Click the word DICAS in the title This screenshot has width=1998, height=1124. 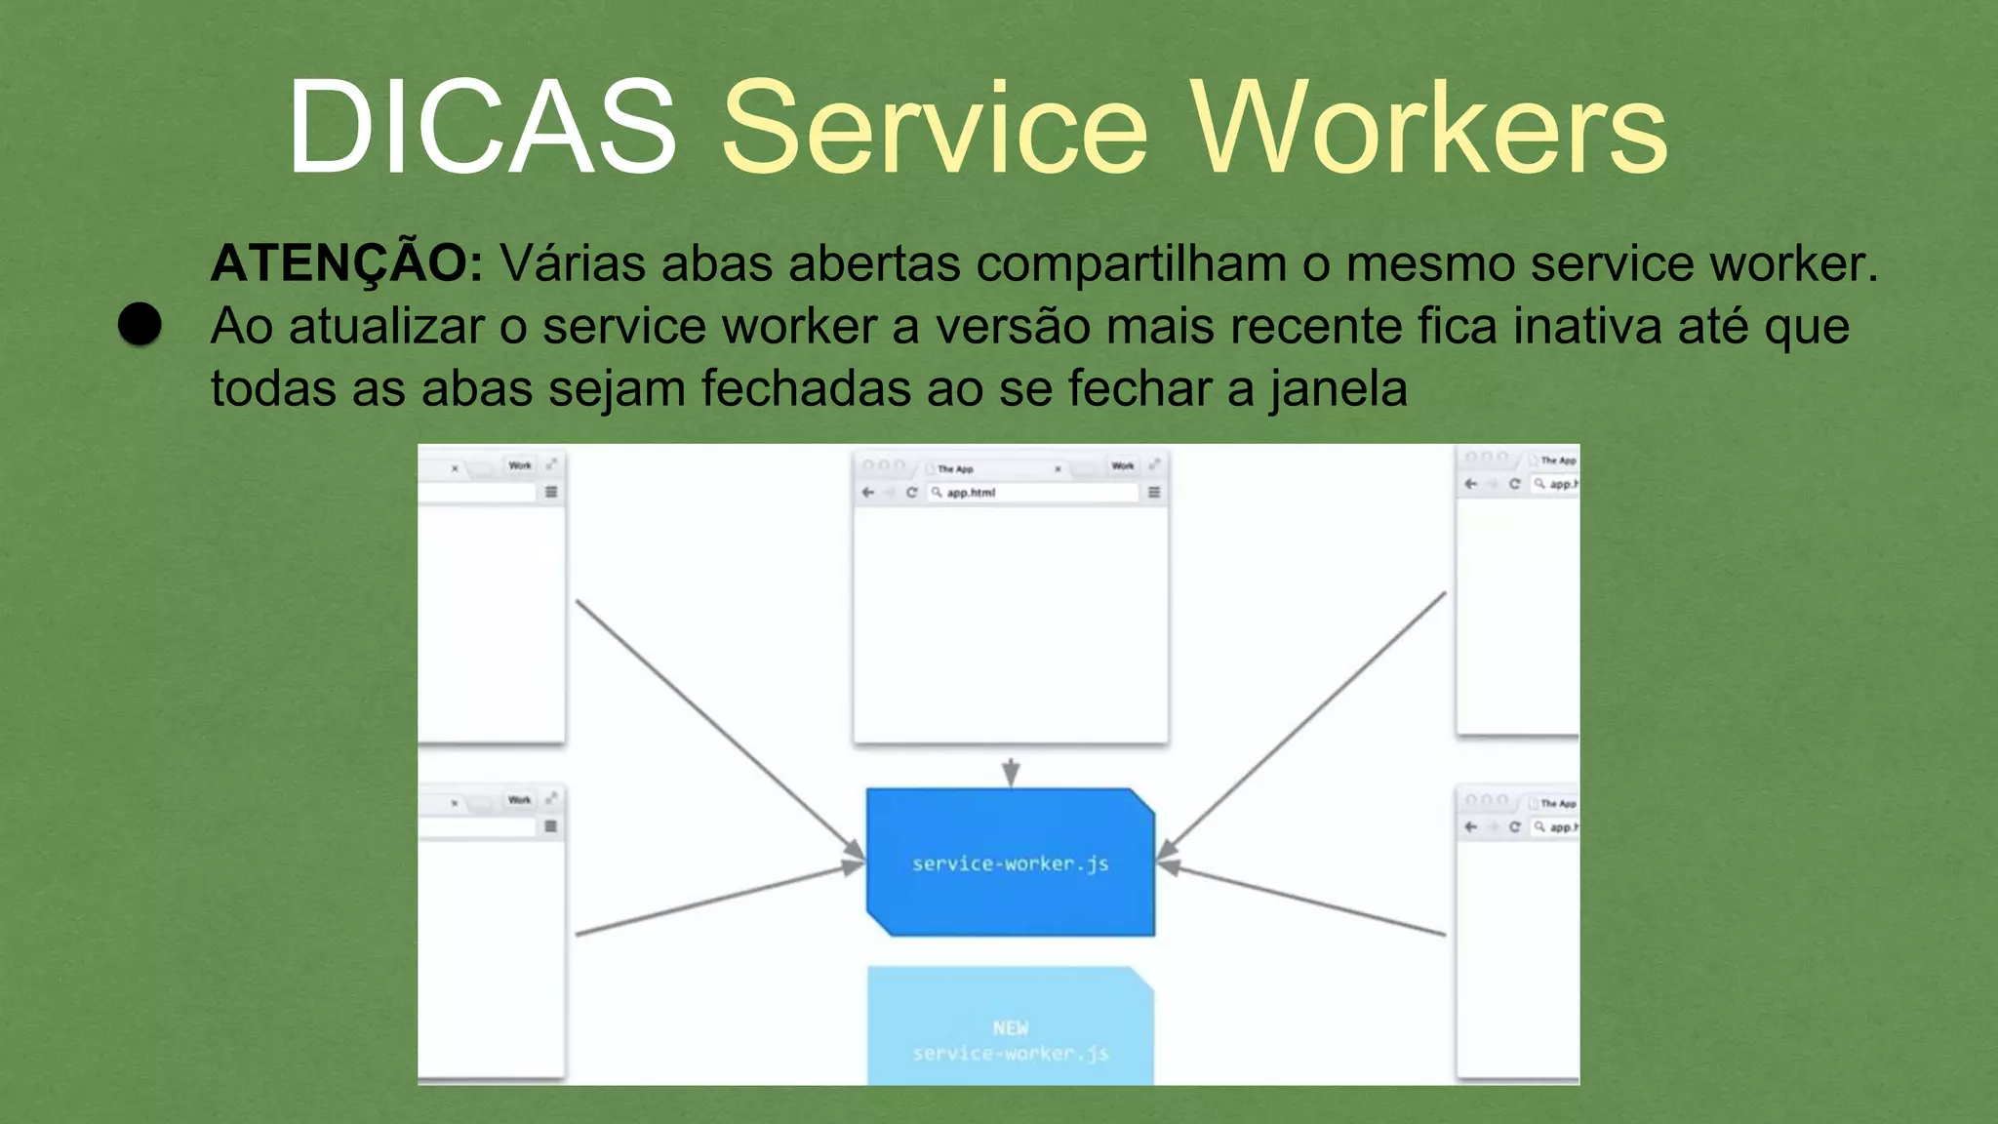(x=482, y=128)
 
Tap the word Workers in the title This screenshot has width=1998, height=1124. (x=1430, y=128)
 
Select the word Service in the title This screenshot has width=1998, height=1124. (x=935, y=128)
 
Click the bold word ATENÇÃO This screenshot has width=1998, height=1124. (x=346, y=263)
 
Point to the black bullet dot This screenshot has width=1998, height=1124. (x=140, y=324)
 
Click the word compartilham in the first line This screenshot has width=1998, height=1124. (x=1131, y=263)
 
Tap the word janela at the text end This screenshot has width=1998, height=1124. (x=1338, y=388)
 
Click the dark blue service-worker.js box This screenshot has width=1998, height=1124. (x=1010, y=863)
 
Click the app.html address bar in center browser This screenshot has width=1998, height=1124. (x=1034, y=493)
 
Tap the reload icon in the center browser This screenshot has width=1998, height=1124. (x=911, y=493)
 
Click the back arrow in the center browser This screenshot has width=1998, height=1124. (x=868, y=493)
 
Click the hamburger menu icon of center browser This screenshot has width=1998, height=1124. (x=1154, y=493)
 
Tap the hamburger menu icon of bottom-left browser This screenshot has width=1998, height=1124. (x=551, y=826)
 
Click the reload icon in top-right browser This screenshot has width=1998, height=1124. (x=1514, y=484)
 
